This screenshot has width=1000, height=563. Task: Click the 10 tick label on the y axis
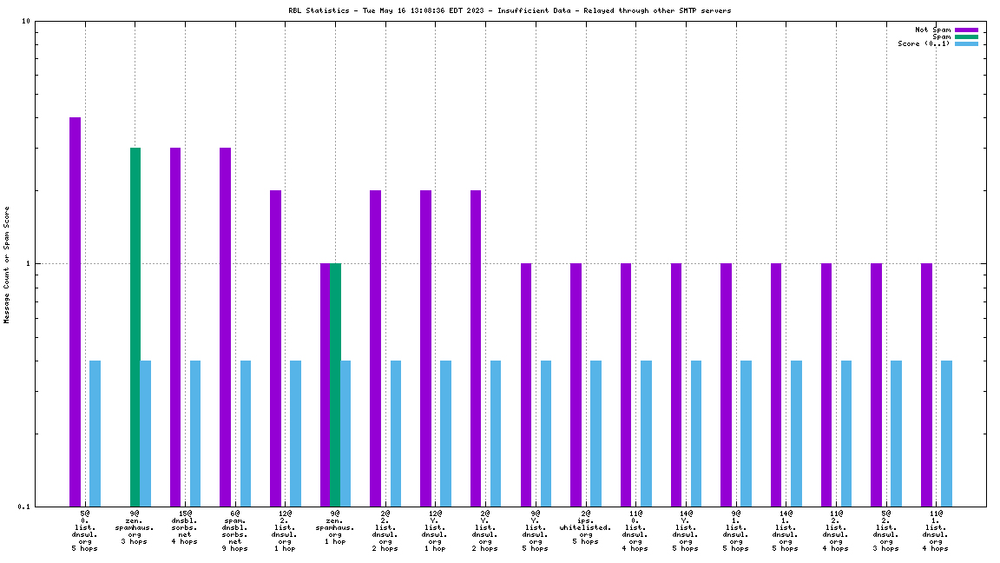(x=26, y=22)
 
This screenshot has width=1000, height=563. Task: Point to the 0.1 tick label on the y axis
(x=23, y=507)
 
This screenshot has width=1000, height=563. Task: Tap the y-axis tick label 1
(x=29, y=264)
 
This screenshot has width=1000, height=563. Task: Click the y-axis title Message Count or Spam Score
(x=7, y=264)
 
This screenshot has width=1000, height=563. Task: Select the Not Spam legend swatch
(x=966, y=30)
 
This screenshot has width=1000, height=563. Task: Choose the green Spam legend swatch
(x=966, y=36)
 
